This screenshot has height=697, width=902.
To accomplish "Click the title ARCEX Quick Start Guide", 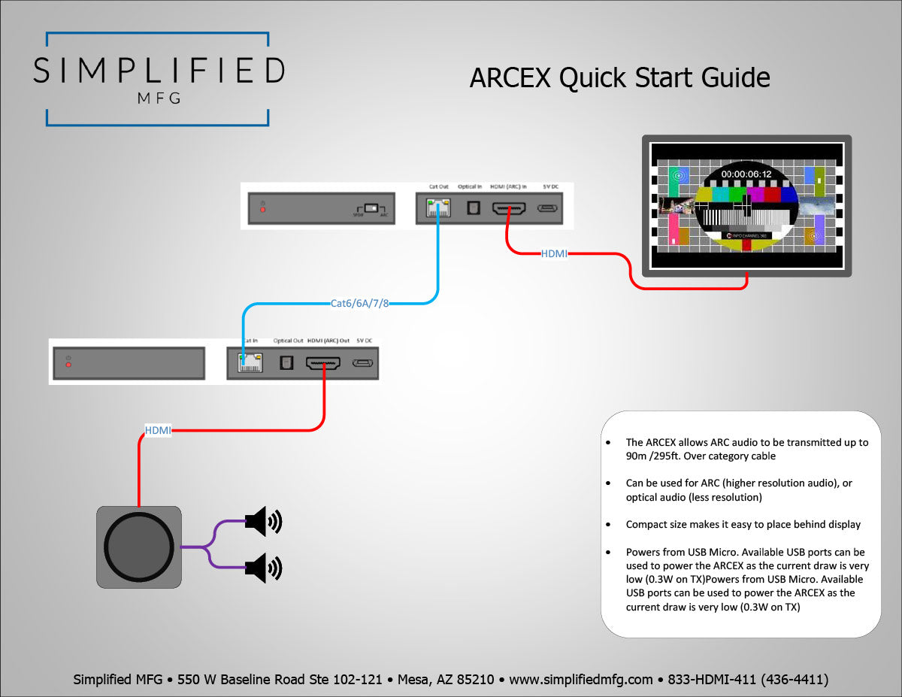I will pos(619,78).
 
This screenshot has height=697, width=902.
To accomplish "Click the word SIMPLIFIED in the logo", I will pos(159,70).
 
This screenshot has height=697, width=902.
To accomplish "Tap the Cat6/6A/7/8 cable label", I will pos(360,304).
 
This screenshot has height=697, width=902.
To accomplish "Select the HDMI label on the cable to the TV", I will pos(554,254).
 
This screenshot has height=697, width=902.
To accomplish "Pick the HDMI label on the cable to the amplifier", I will pos(158,431).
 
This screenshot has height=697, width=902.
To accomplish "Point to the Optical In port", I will pos(473,208).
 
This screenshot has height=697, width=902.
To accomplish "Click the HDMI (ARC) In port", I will pos(509,208).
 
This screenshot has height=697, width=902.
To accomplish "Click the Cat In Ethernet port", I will pos(246,363).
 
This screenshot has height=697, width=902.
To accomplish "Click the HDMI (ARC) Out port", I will pos(323,363).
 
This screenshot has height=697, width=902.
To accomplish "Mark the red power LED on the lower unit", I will pos(68,364).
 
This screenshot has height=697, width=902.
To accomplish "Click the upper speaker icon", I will pos(264,521).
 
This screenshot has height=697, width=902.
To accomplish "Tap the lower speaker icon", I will pos(264,568).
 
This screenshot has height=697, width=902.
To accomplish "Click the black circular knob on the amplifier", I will pos(139,547).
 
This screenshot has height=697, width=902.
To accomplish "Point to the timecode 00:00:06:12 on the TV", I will pos(746,174).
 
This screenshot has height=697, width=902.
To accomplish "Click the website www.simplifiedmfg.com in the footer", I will pos(580,680).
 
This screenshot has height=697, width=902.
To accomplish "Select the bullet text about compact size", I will pos(743,524).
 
